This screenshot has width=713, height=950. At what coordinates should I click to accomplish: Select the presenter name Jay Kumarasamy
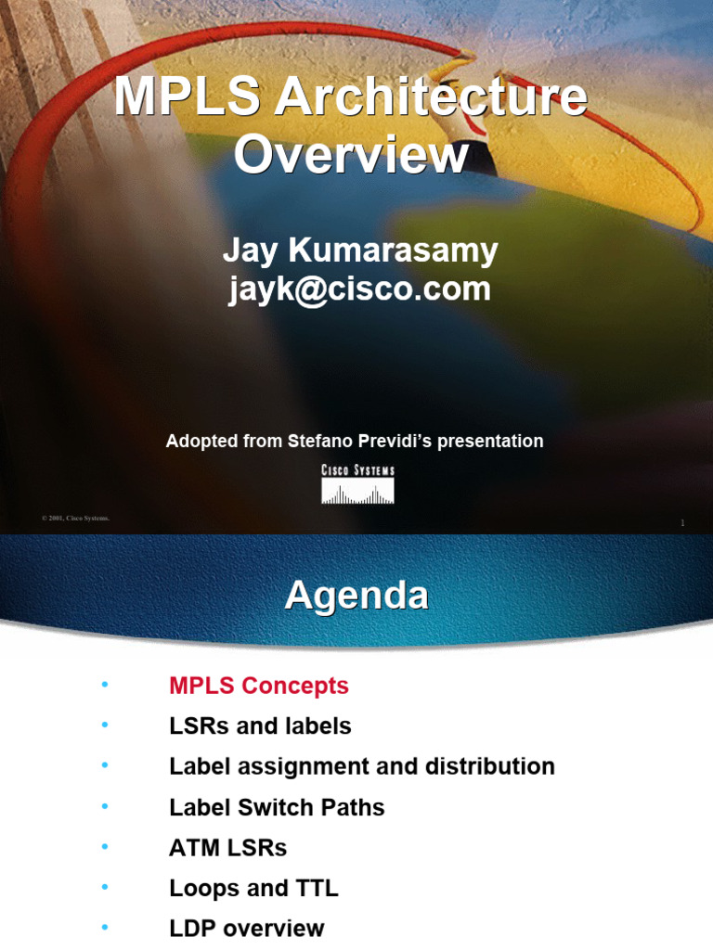360,250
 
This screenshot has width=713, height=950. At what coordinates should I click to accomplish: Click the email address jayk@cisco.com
360,289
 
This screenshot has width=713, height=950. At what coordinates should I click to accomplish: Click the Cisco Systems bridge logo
357,484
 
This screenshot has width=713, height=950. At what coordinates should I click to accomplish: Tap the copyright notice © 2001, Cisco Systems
75,518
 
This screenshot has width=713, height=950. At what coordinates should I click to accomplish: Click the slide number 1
682,523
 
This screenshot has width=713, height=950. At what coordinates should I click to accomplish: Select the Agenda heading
356,595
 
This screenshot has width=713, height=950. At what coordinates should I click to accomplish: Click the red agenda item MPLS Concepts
259,686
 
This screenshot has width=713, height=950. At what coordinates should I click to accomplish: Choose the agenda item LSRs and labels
260,725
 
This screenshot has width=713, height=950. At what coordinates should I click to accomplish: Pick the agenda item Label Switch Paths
277,807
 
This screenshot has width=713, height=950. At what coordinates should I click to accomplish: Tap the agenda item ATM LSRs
228,847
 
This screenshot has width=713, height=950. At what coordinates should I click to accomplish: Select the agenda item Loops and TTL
253,888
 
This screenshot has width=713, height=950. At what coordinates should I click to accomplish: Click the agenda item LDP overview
247,928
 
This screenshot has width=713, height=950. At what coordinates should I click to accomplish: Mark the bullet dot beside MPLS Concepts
105,686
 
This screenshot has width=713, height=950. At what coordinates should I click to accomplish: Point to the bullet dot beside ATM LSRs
105,847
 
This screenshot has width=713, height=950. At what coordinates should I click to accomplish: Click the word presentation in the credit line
489,442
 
